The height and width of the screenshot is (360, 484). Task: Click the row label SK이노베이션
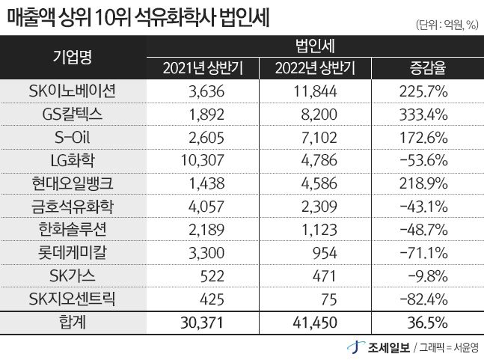click(73, 93)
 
